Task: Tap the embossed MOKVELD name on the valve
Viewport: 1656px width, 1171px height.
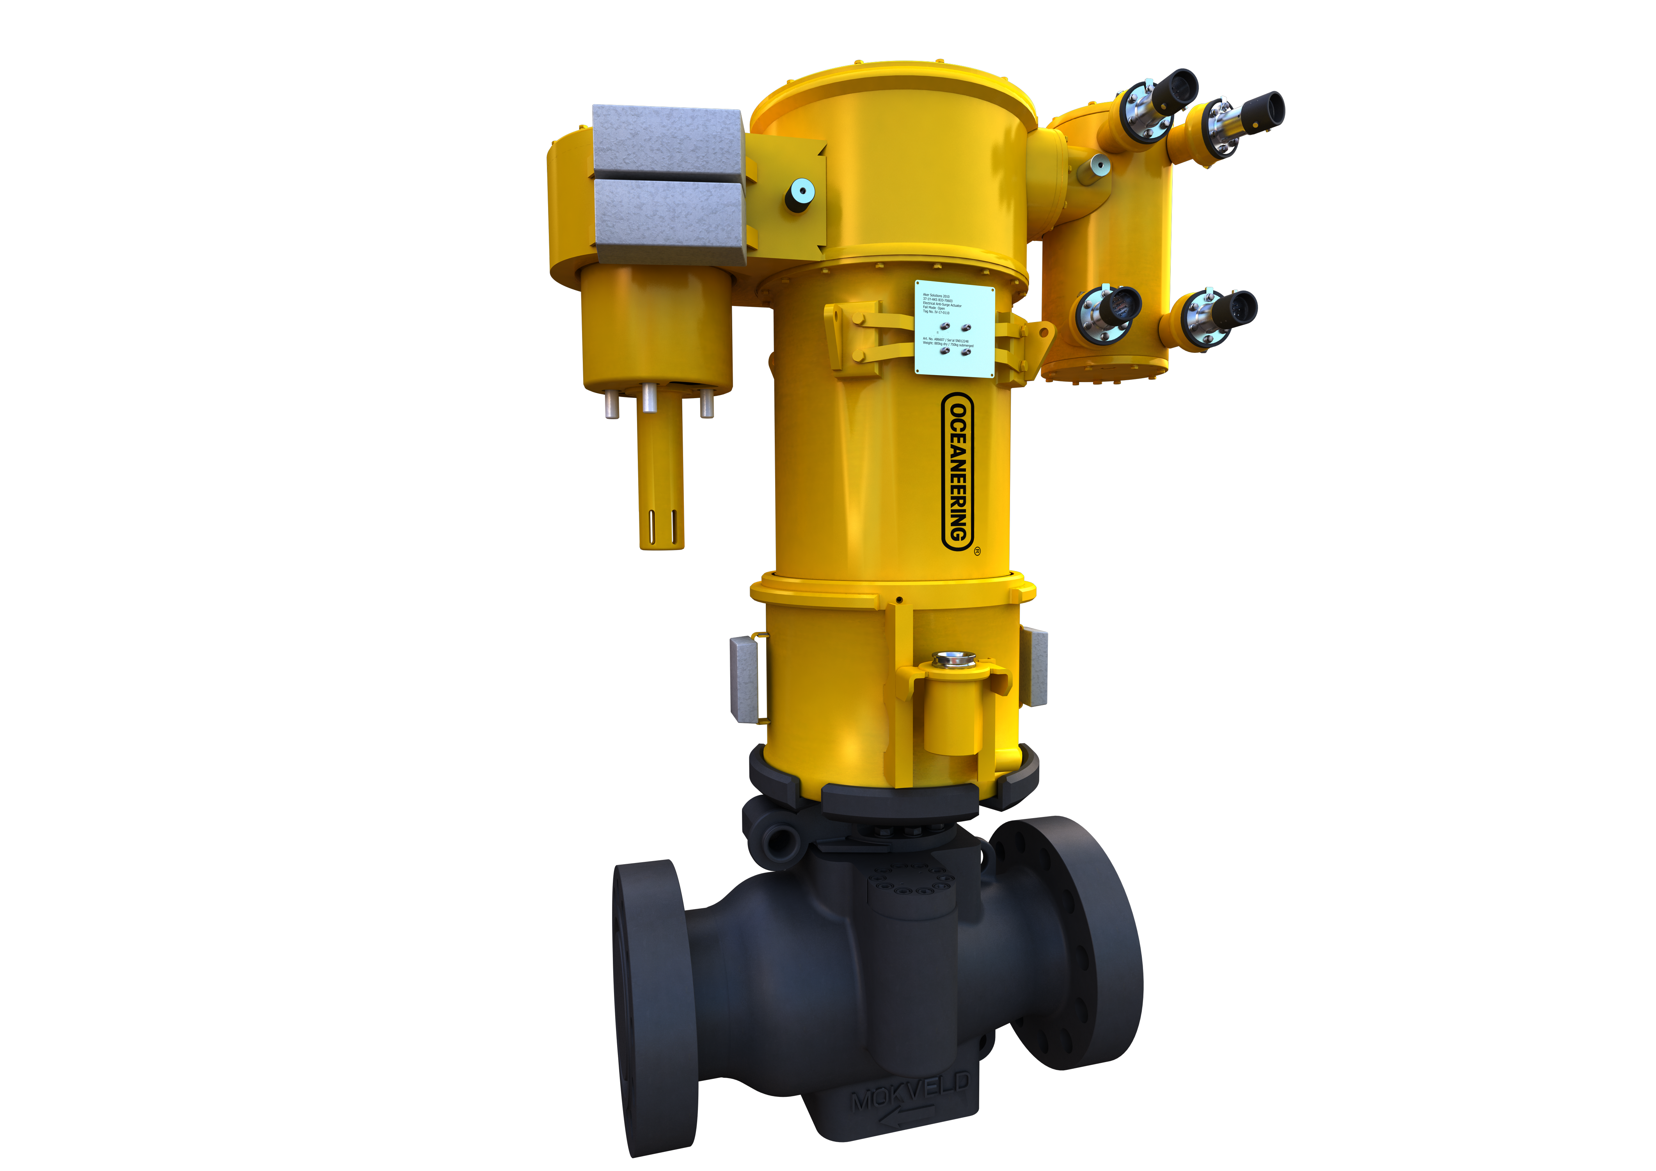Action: pos(910,1092)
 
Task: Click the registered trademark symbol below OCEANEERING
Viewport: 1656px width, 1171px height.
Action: pos(977,551)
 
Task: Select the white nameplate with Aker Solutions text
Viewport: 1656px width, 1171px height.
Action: pos(954,328)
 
